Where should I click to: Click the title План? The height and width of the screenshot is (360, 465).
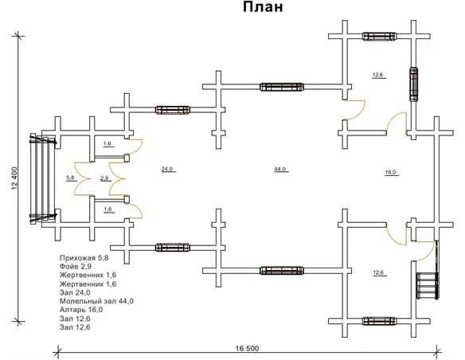click(263, 7)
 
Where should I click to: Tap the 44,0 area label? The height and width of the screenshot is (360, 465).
click(280, 170)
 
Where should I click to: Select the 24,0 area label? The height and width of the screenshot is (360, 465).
click(167, 170)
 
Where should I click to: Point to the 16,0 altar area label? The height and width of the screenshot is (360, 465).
click(391, 172)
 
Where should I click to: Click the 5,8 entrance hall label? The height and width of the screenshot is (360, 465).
click(70, 178)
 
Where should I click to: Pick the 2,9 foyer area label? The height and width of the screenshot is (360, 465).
click(104, 178)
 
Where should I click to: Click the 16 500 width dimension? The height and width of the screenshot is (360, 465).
click(248, 348)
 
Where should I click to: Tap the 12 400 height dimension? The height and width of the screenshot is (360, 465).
click(15, 178)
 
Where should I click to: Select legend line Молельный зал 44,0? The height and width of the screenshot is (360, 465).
click(96, 301)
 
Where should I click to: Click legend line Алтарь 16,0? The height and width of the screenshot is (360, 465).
click(81, 310)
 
